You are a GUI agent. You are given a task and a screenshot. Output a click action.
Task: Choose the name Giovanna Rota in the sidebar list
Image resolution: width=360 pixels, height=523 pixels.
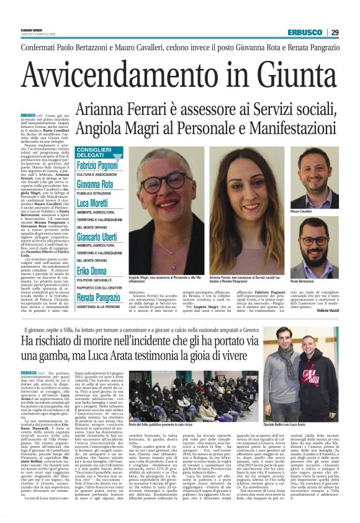coord(95,184)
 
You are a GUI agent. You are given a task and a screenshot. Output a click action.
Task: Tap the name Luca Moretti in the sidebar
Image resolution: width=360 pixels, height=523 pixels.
coord(93,202)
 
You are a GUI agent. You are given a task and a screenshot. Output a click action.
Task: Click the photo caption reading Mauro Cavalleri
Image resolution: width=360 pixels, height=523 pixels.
coord(319,212)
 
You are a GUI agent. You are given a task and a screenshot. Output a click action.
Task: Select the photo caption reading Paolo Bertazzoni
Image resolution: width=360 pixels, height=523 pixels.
coord(320,281)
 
